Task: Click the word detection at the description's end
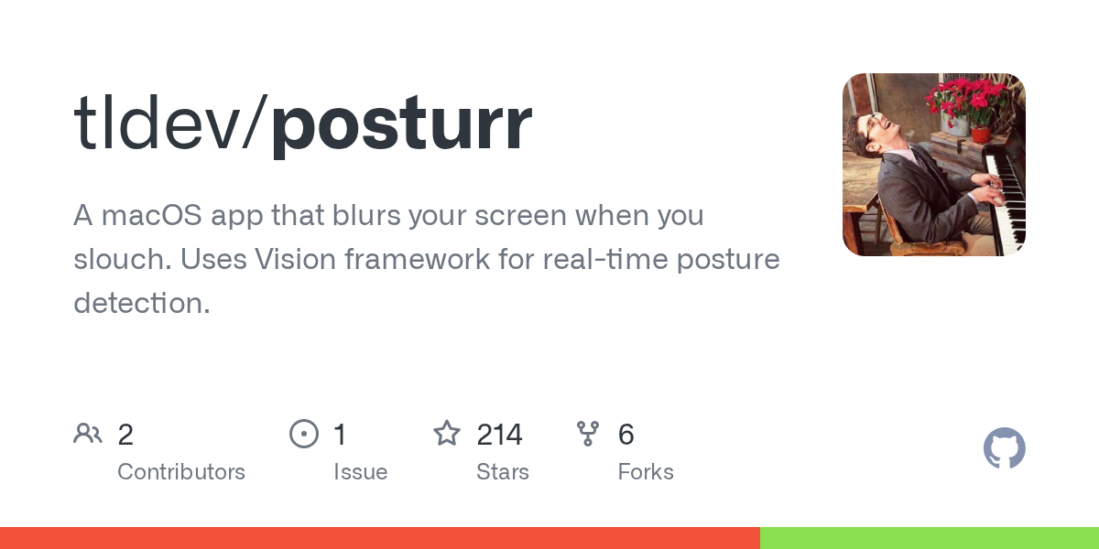(x=141, y=303)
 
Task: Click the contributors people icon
(x=88, y=434)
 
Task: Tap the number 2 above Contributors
(x=125, y=435)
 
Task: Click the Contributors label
(x=181, y=472)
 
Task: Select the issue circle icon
(x=303, y=434)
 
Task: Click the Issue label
(x=360, y=472)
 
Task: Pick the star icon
(x=447, y=434)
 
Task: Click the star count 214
(x=499, y=435)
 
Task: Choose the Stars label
(x=502, y=472)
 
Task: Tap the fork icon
(x=588, y=434)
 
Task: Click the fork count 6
(x=626, y=435)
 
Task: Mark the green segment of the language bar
(x=929, y=538)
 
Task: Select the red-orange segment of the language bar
(x=379, y=538)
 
